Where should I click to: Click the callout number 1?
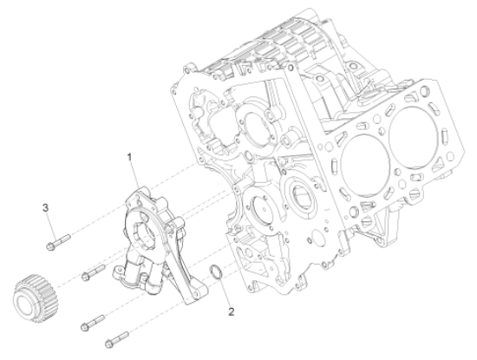(x=129, y=157)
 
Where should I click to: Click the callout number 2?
(x=231, y=309)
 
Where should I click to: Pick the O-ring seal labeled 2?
(x=220, y=277)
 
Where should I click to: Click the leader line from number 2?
(x=226, y=294)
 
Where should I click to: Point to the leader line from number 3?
(x=49, y=216)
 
